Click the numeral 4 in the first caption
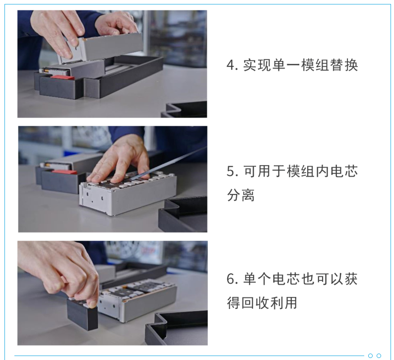231,65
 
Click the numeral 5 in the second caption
231,172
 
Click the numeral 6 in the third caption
231,279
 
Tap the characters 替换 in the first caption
344,65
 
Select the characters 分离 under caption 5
241,195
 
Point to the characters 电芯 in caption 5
344,172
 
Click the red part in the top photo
62,77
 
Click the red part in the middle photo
65,172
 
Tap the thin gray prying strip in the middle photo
168,163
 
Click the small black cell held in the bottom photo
82,314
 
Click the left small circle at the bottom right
370,356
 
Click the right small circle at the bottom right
379,356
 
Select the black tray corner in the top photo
184,110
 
